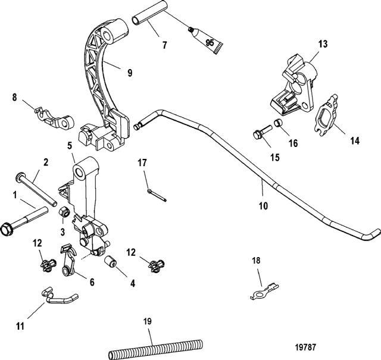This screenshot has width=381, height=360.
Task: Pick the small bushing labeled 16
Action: pos(277,126)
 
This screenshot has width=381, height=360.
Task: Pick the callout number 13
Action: pos(322,43)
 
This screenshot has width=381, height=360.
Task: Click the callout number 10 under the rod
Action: pos(263,206)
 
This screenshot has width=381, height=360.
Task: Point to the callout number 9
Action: pos(129,73)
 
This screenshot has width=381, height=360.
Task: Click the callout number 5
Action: pos(70,145)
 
